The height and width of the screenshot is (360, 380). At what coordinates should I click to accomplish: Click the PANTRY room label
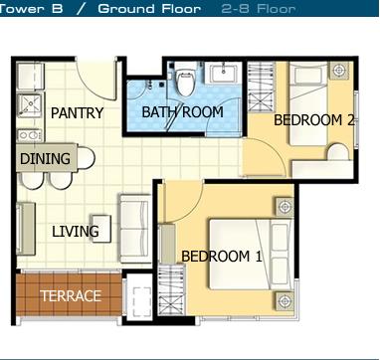tap(77, 113)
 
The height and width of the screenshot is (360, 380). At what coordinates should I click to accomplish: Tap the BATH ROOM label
tap(182, 112)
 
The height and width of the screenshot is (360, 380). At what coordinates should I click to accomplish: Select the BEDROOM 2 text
tap(314, 120)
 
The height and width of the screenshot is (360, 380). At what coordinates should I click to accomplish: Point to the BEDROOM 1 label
tap(222, 257)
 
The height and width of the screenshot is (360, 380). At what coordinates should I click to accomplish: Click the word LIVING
tap(76, 231)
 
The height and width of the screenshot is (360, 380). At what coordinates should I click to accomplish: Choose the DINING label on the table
tap(45, 159)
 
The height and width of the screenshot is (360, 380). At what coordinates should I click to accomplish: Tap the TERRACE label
tap(71, 295)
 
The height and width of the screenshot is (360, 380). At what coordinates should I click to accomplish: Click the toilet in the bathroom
tap(185, 83)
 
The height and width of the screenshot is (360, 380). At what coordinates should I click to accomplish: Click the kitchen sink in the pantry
tap(30, 105)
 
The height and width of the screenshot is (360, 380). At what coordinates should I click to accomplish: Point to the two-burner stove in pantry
tap(30, 135)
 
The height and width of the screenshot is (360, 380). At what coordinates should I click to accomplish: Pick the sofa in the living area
tap(135, 229)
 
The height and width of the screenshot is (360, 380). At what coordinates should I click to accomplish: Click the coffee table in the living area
tap(101, 229)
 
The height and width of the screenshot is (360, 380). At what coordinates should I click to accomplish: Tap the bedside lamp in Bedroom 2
tap(338, 71)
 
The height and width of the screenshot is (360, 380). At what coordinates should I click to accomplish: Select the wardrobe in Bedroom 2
tap(262, 88)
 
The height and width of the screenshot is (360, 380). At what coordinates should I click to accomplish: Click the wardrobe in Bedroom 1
tap(171, 289)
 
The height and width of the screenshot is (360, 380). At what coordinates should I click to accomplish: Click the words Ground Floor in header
tap(149, 8)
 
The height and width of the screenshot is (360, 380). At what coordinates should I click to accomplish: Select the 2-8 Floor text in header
tap(258, 8)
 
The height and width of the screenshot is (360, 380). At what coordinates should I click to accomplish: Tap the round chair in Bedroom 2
tap(338, 152)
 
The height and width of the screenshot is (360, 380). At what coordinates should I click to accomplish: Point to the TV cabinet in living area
tap(26, 229)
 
